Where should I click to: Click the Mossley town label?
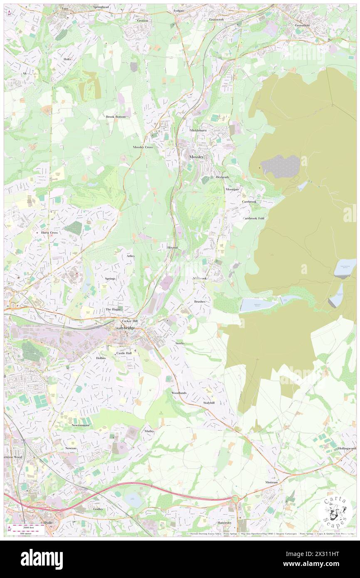click(x=196, y=157)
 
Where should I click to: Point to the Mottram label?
click(x=271, y=482)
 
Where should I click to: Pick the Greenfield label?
click(x=302, y=25)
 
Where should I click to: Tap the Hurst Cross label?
click(x=49, y=233)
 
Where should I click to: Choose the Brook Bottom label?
click(x=116, y=117)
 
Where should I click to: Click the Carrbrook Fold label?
click(x=254, y=218)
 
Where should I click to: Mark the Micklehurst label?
click(x=198, y=130)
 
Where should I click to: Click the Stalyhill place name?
click(x=209, y=403)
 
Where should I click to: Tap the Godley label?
click(x=98, y=509)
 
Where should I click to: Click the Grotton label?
click(x=142, y=20)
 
